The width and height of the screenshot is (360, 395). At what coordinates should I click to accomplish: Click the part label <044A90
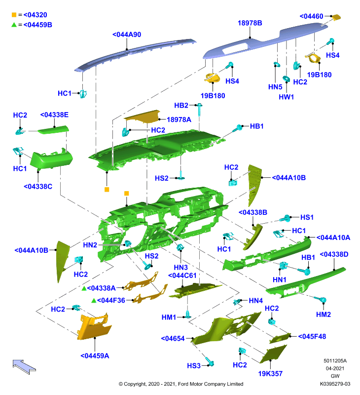pyautogui.click(x=127, y=35)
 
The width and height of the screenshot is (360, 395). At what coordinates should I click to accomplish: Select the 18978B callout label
pyautogui.click(x=250, y=23)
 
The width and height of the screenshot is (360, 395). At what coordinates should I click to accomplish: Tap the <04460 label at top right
pyautogui.click(x=311, y=16)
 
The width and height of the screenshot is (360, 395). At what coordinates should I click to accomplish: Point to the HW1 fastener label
pyautogui.click(x=287, y=97)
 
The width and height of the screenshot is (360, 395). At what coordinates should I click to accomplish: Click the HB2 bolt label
pyautogui.click(x=181, y=105)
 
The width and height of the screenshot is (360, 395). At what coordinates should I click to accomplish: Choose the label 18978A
pyautogui.click(x=179, y=119)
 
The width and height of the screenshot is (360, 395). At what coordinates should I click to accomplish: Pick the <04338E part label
pyautogui.click(x=54, y=115)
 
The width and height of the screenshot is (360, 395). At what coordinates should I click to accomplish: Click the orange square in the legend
pyautogui.click(x=14, y=15)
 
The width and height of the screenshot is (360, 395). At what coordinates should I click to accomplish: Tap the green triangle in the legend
pyautogui.click(x=14, y=25)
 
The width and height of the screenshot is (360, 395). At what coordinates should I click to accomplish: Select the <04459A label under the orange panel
pyautogui.click(x=95, y=355)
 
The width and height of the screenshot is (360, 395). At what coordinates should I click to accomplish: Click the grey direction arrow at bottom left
pyautogui.click(x=24, y=367)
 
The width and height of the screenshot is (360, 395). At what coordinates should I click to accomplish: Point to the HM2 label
pyautogui.click(x=324, y=315)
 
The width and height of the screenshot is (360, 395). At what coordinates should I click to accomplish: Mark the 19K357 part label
pyautogui.click(x=270, y=374)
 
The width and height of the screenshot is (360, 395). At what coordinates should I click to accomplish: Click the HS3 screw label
pyautogui.click(x=194, y=366)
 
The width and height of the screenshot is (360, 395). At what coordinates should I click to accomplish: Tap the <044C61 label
pyautogui.click(x=182, y=276)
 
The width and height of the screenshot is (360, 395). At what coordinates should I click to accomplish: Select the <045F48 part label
pyautogui.click(x=312, y=336)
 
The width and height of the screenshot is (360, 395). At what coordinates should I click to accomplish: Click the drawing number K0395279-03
pyautogui.click(x=335, y=384)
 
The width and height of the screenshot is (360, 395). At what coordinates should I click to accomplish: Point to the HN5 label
pyautogui.click(x=275, y=87)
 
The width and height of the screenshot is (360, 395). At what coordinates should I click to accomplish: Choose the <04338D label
pyautogui.click(x=334, y=254)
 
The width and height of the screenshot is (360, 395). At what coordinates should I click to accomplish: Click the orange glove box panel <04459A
pyautogui.click(x=94, y=327)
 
